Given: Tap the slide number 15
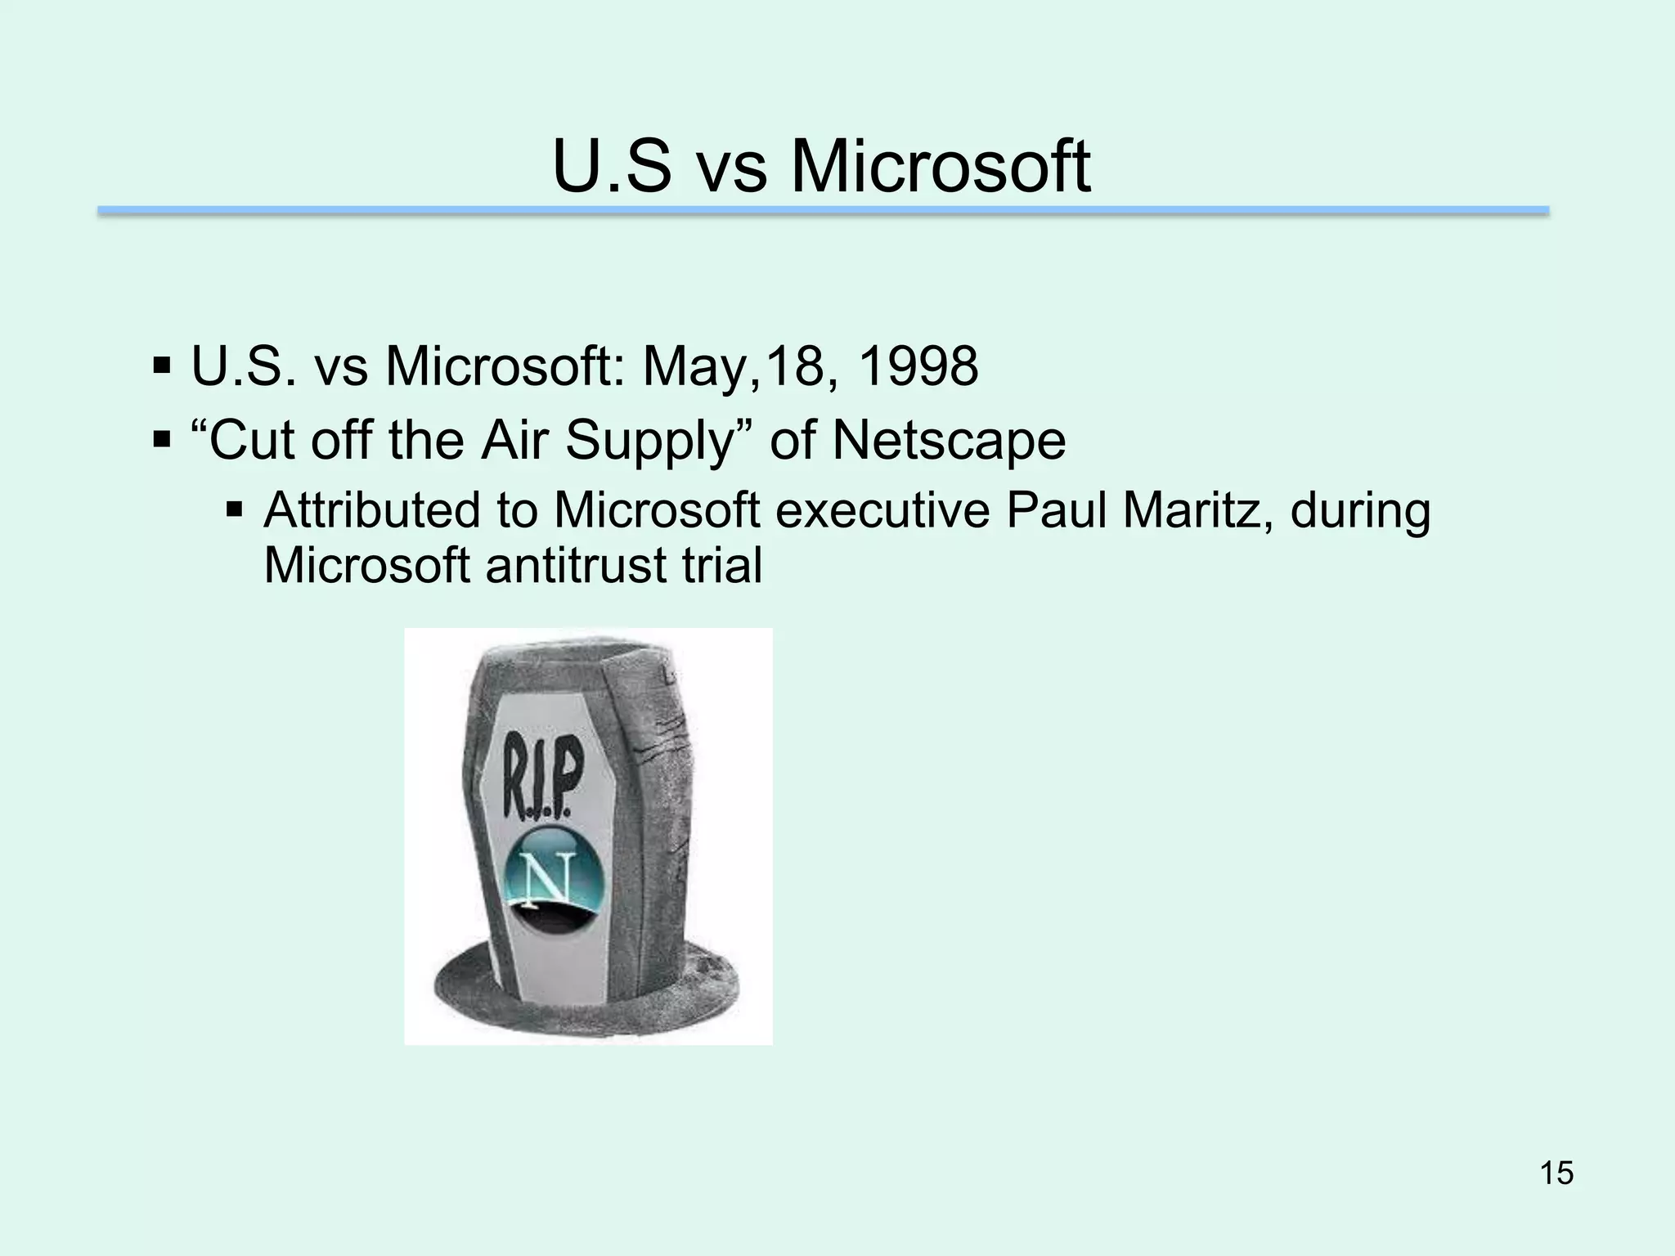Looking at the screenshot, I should pos(1556,1173).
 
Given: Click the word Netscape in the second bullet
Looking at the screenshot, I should pos(949,440).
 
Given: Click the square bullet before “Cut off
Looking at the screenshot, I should pos(161,441).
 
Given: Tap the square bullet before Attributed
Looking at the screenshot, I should pos(235,511).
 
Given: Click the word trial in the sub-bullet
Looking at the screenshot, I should pos(723,564).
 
